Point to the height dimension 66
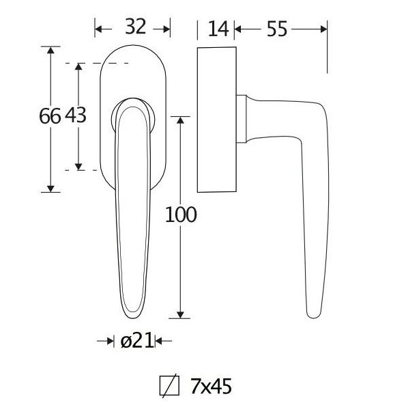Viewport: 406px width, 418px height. point(50,117)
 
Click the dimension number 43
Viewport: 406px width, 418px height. point(75,117)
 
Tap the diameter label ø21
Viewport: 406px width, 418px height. point(134,341)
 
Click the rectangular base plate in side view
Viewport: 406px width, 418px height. point(216,120)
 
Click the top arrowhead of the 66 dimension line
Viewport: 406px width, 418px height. point(50,50)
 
